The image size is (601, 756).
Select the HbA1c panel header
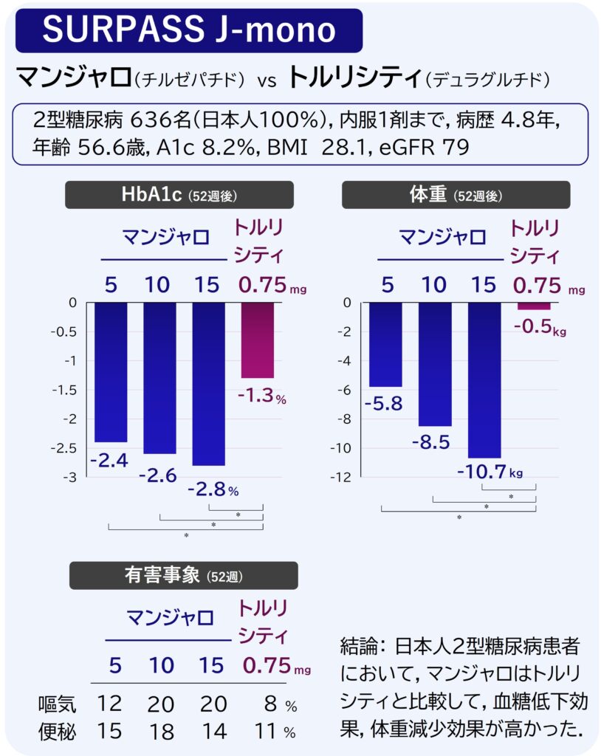(x=179, y=195)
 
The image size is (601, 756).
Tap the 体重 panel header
(x=456, y=195)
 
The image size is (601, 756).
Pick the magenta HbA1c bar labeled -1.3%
(x=257, y=340)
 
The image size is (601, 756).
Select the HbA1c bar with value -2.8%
(x=209, y=383)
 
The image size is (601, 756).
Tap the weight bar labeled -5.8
(x=385, y=344)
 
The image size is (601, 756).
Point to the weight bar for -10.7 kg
(x=484, y=380)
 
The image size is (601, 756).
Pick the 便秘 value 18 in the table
(x=160, y=732)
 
